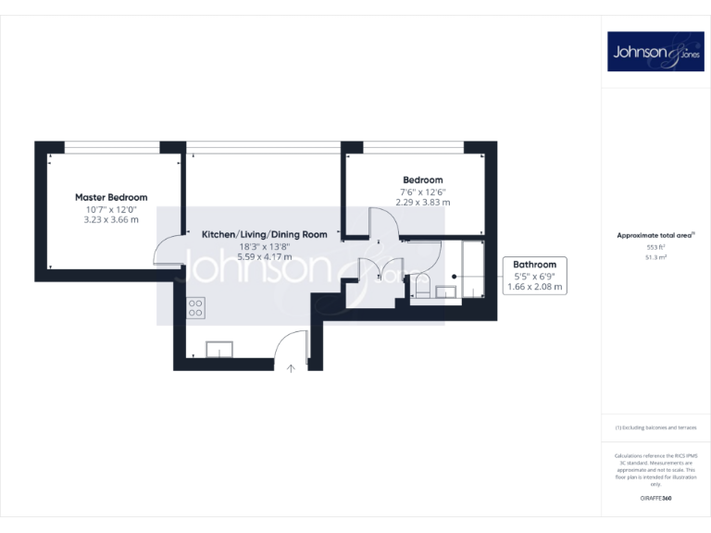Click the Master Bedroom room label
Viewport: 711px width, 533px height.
(111, 197)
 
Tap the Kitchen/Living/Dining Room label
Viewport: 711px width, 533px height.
(265, 235)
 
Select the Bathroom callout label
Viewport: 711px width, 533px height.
(535, 265)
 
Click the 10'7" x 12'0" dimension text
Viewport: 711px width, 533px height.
(111, 210)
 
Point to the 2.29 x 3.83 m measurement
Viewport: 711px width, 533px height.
(422, 203)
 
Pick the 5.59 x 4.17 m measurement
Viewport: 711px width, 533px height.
(265, 256)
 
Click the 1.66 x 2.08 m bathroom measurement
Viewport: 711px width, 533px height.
(535, 287)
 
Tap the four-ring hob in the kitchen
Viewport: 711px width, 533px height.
(195, 308)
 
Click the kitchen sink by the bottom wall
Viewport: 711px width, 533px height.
(219, 349)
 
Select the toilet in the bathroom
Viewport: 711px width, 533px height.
(422, 291)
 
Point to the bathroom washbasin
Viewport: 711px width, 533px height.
(447, 292)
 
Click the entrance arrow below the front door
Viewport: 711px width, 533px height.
(291, 369)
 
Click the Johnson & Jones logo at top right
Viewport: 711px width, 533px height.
(655, 52)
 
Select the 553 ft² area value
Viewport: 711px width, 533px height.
(655, 248)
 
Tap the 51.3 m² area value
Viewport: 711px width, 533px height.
(655, 258)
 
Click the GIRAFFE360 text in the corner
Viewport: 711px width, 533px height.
(655, 499)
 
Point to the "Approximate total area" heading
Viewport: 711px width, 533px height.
(654, 236)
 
